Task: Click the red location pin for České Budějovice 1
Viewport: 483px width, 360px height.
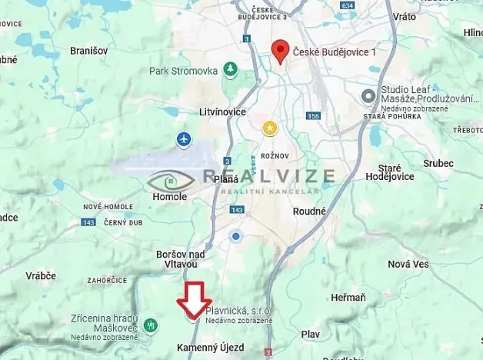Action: click(x=281, y=51)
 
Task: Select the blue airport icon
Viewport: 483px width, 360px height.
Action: click(x=183, y=139)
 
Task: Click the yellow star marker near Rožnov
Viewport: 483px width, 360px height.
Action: click(x=270, y=128)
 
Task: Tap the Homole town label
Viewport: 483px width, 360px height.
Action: click(x=164, y=197)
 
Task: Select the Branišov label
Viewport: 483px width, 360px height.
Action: click(x=88, y=50)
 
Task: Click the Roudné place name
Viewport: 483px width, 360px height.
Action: click(x=309, y=211)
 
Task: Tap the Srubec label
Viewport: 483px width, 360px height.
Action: click(x=438, y=163)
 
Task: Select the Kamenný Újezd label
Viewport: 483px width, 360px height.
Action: click(x=210, y=348)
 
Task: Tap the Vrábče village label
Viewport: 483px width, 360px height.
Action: click(x=40, y=275)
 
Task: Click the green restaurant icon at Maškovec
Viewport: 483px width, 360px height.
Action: click(x=152, y=324)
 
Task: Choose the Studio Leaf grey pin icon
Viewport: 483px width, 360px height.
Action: click(x=368, y=95)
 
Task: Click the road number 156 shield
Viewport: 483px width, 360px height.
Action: click(x=312, y=116)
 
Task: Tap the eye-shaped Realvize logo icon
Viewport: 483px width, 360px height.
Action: click(x=172, y=182)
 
